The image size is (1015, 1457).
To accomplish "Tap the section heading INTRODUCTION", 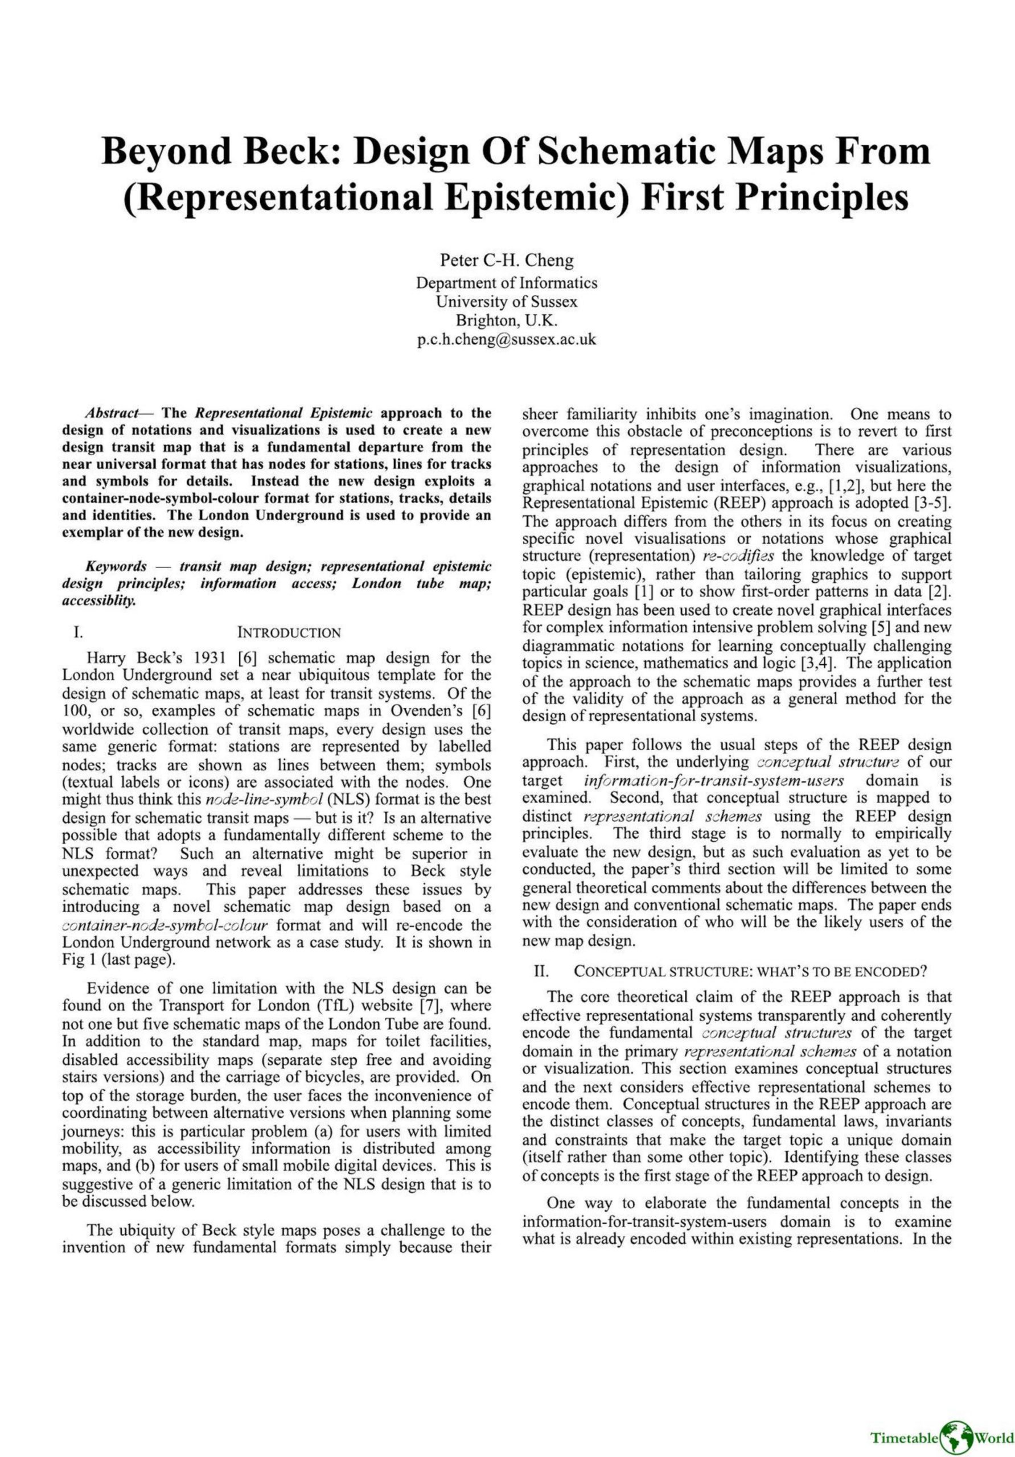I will [289, 633].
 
